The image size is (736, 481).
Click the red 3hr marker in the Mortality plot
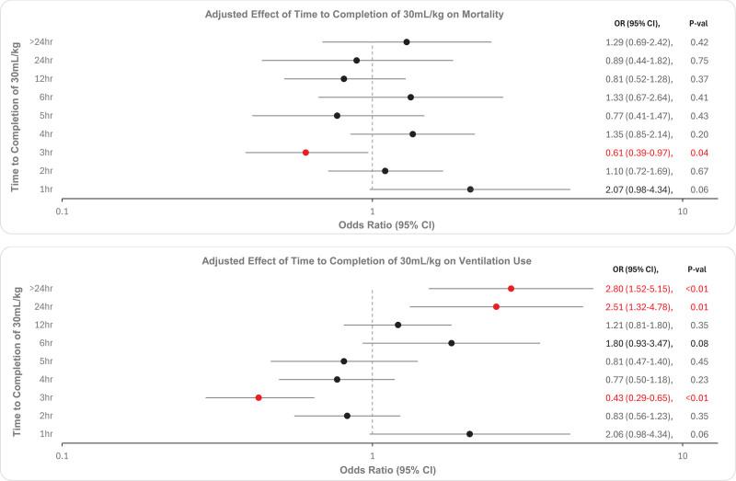point(305,153)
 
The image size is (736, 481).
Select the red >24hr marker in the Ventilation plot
point(511,288)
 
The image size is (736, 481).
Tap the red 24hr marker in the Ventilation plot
point(496,306)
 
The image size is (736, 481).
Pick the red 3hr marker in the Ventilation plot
point(259,397)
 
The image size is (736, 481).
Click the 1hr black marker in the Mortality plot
point(470,189)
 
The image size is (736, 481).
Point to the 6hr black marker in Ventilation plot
point(451,343)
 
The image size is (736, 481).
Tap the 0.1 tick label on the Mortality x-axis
point(63,211)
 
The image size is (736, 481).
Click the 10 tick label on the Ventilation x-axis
point(682,455)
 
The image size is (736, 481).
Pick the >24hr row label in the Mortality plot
point(40,42)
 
